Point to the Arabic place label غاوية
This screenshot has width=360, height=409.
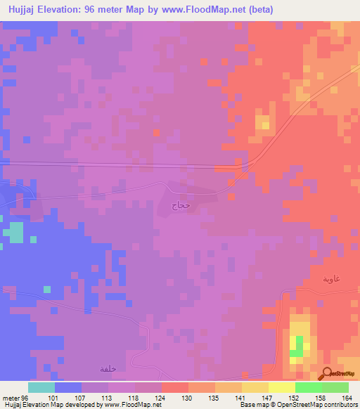click(331, 279)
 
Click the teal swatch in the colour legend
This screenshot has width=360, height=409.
click(41, 387)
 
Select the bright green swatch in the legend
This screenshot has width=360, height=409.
click(308, 387)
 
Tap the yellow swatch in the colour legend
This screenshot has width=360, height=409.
click(281, 387)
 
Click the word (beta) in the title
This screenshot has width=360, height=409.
click(257, 10)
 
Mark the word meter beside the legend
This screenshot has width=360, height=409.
click(11, 397)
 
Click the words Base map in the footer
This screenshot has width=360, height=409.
click(252, 405)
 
